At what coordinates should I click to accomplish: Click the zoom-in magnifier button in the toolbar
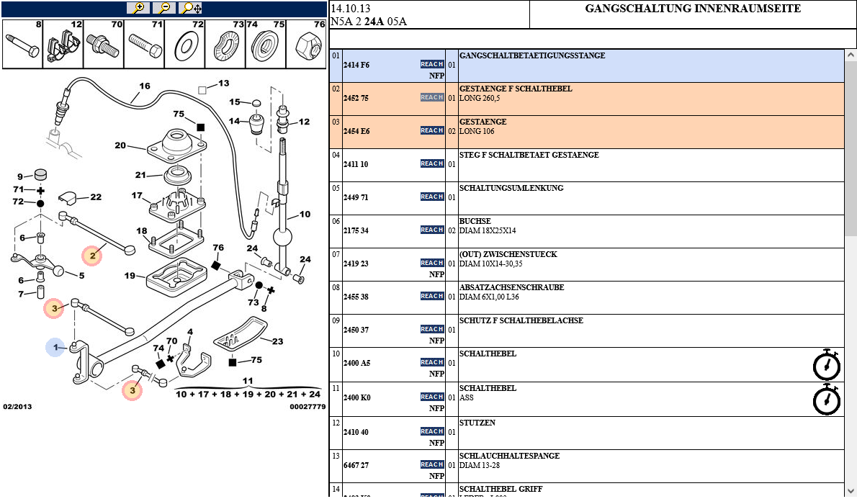pyautogui.click(x=138, y=8)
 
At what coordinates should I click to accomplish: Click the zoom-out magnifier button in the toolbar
pyautogui.click(x=164, y=8)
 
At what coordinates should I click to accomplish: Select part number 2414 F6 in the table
pyautogui.click(x=356, y=65)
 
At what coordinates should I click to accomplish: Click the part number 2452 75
pyautogui.click(x=356, y=98)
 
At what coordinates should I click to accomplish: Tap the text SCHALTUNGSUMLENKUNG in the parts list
pyautogui.click(x=511, y=188)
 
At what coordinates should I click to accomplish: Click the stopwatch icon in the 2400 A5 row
pyautogui.click(x=826, y=364)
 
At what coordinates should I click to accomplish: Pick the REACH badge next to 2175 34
pyautogui.click(x=432, y=230)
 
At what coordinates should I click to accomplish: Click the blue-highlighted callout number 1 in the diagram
pyautogui.click(x=55, y=347)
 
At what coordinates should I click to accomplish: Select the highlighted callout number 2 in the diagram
pyautogui.click(x=92, y=255)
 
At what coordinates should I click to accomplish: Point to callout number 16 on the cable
pyautogui.click(x=145, y=86)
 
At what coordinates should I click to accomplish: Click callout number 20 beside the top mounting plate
pyautogui.click(x=120, y=145)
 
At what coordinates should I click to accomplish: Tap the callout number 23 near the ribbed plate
pyautogui.click(x=277, y=342)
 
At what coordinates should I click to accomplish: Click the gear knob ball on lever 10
pyautogui.click(x=283, y=238)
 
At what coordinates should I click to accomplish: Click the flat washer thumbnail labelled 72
pyautogui.click(x=186, y=48)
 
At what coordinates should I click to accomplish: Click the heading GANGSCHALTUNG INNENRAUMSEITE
pyautogui.click(x=693, y=9)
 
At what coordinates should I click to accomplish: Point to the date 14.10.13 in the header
pyautogui.click(x=351, y=9)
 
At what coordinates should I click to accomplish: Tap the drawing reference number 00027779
pyautogui.click(x=308, y=407)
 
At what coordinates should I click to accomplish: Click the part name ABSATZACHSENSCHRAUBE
pyautogui.click(x=511, y=287)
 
